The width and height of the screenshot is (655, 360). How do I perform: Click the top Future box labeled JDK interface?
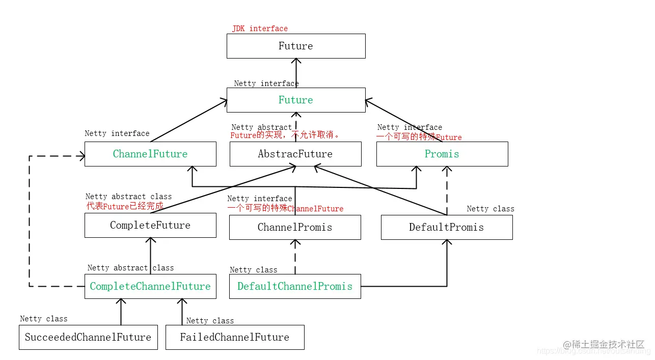(295, 46)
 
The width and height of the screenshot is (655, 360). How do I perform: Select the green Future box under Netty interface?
(295, 100)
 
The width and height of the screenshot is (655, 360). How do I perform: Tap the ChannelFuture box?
(150, 154)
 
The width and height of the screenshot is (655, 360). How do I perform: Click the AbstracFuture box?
(295, 154)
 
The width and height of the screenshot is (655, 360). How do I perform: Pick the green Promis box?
(442, 154)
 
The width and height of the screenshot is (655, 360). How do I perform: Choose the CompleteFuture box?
(150, 225)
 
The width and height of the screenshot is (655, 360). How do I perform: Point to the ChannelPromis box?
(295, 227)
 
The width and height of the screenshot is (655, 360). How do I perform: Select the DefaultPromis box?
(447, 227)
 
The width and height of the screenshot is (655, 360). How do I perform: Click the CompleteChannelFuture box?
(150, 286)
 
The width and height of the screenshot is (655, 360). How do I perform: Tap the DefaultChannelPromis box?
(295, 286)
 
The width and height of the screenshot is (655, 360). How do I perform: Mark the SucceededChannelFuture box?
(88, 337)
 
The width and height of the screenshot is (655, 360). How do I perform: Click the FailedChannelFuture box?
(235, 337)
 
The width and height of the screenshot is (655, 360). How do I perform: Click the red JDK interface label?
(260, 29)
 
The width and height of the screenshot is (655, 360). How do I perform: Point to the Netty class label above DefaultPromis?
(490, 209)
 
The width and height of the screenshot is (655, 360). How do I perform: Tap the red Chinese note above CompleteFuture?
(125, 206)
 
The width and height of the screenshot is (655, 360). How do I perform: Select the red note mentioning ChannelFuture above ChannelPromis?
(285, 208)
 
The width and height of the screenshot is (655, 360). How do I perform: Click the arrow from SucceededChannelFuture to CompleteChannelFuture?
(121, 312)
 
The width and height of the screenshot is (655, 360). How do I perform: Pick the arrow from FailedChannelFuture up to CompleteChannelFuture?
(182, 312)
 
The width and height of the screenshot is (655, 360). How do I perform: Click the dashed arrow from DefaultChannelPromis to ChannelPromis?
(295, 257)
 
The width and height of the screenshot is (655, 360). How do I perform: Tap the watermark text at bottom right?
(604, 345)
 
